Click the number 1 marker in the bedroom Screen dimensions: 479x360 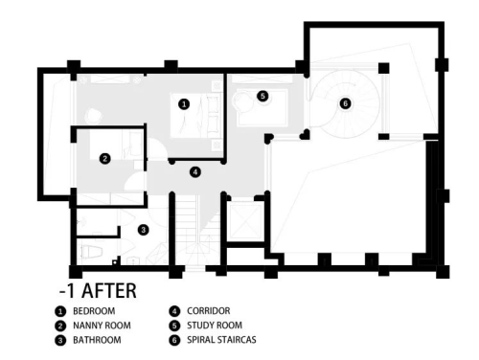[x=184, y=104]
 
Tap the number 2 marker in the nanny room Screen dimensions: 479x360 [x=105, y=158]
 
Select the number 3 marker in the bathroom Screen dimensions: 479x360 [x=144, y=230]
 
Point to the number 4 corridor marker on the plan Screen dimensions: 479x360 [x=195, y=172]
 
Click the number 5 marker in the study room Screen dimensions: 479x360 [x=262, y=96]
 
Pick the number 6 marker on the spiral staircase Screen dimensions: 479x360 [x=345, y=103]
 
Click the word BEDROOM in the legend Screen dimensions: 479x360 [x=94, y=311]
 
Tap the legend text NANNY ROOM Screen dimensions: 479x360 [x=102, y=326]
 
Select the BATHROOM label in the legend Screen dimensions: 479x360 [x=97, y=340]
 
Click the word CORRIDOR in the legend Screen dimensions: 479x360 [x=209, y=311]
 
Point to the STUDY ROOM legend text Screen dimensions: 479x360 [x=215, y=326]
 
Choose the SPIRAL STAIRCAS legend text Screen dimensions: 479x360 [x=221, y=340]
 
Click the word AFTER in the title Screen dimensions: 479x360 [x=109, y=290]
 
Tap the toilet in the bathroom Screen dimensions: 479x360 [x=91, y=251]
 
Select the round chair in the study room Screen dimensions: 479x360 [x=243, y=100]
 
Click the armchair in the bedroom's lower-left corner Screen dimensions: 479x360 [x=94, y=116]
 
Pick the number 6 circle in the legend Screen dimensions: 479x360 [x=174, y=340]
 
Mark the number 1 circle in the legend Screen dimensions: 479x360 [x=59, y=311]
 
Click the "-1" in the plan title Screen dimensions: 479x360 [x=66, y=291]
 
